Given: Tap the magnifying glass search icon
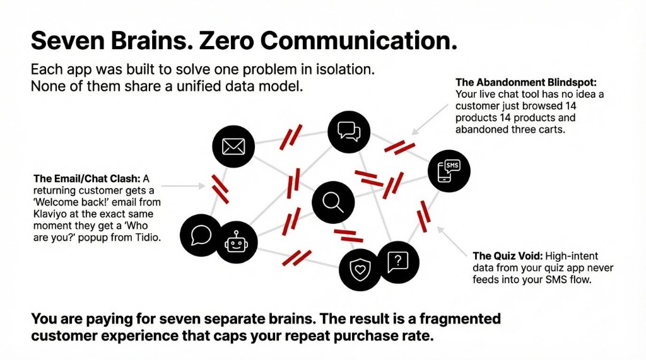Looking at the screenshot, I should (332, 202).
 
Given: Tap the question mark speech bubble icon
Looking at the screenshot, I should (397, 262).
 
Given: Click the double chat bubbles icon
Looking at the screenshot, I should (348, 131).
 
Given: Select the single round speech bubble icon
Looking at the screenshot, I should (201, 235).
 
